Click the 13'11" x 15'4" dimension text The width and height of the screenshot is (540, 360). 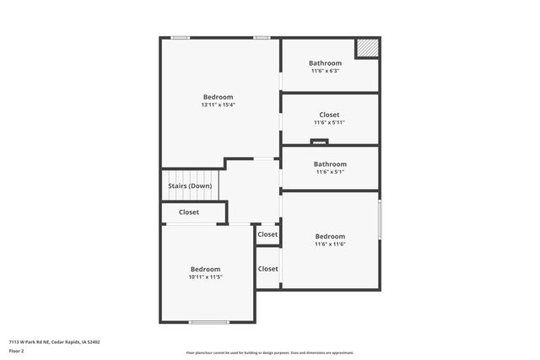tap(218, 105)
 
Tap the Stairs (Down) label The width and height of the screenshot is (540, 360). tap(189, 185)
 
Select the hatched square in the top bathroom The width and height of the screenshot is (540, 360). tap(366, 50)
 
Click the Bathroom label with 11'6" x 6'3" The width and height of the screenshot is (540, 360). tap(325, 63)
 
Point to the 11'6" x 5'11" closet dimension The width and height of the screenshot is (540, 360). tap(329, 122)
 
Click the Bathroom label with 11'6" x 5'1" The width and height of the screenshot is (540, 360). tap(330, 164)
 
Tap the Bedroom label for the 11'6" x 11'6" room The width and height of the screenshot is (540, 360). tap(330, 236)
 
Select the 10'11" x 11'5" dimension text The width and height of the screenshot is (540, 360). tap(205, 277)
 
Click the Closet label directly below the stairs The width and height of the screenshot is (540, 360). tap(189, 212)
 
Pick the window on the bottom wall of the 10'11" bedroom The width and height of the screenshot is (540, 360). tap(208, 321)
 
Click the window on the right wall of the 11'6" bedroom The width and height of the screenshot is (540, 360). tap(380, 218)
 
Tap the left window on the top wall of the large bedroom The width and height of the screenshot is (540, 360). tap(180, 37)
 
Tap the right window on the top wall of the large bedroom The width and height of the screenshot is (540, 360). tap(262, 37)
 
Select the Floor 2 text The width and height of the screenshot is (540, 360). tap(16, 351)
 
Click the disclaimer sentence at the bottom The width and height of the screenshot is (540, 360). tap(269, 353)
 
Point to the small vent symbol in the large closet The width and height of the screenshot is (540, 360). tap(319, 142)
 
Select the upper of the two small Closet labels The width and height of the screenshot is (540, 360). tap(267, 234)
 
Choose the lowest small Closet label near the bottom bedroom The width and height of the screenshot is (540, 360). tap(267, 269)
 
